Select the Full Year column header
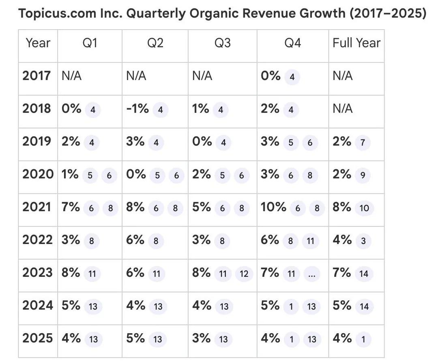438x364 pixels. click(x=356, y=43)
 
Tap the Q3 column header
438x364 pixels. click(x=222, y=43)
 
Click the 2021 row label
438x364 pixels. click(x=36, y=207)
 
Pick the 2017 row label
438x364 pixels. click(x=36, y=76)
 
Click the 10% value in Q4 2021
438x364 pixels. click(x=273, y=207)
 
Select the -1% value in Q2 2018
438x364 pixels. click(x=137, y=109)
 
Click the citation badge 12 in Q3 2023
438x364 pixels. click(x=244, y=274)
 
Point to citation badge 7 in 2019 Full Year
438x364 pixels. click(x=363, y=143)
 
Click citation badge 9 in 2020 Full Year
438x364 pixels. click(x=363, y=176)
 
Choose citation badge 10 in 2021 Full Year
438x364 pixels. click(x=364, y=208)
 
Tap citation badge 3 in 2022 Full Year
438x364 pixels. click(x=363, y=241)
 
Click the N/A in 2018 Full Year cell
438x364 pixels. click(x=342, y=109)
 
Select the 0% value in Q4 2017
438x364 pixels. click(x=271, y=76)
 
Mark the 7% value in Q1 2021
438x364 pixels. click(x=71, y=207)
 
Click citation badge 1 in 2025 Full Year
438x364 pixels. click(x=363, y=340)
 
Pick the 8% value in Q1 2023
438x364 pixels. click(x=71, y=273)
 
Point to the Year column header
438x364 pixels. click(x=38, y=43)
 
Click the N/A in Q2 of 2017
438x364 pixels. click(x=136, y=76)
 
